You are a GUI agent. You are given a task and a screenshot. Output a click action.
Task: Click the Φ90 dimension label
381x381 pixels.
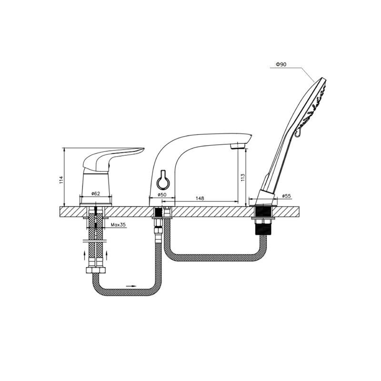pyautogui.click(x=281, y=64)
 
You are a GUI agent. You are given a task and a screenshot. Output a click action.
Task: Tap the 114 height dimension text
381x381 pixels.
pyautogui.click(x=61, y=180)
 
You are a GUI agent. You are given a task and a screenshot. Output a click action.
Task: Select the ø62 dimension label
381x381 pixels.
pyautogui.click(x=96, y=193)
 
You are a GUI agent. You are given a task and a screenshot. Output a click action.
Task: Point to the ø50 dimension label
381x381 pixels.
pyautogui.click(x=162, y=195)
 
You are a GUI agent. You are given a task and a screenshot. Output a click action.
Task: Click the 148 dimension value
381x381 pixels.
pyautogui.click(x=200, y=198)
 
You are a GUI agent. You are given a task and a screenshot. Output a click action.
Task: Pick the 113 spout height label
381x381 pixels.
pyautogui.click(x=243, y=178)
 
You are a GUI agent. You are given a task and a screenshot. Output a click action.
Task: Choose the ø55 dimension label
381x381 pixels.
pyautogui.click(x=287, y=196)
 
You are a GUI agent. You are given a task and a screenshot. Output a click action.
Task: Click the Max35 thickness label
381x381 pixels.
pyautogui.click(x=118, y=225)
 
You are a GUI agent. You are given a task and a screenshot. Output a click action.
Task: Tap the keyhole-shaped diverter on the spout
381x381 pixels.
pyautogui.click(x=162, y=180)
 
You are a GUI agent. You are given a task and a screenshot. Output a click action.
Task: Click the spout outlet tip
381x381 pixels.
pyautogui.click(x=237, y=146)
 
